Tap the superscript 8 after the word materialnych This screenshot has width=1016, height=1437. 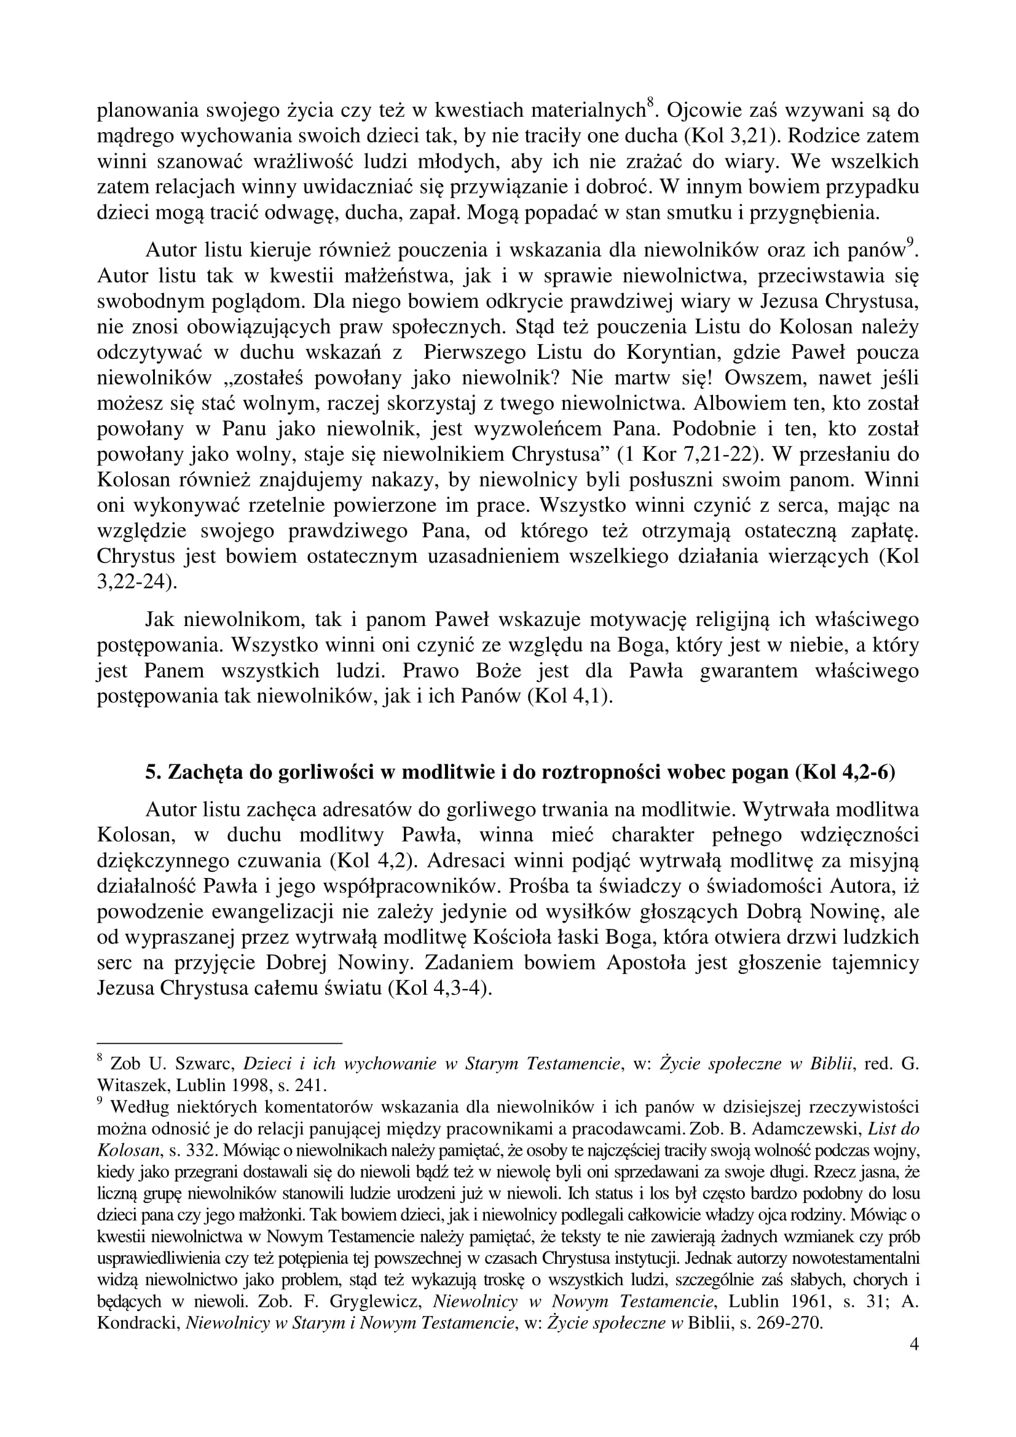tap(650, 103)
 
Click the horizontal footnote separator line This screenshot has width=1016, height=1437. tap(219, 1043)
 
